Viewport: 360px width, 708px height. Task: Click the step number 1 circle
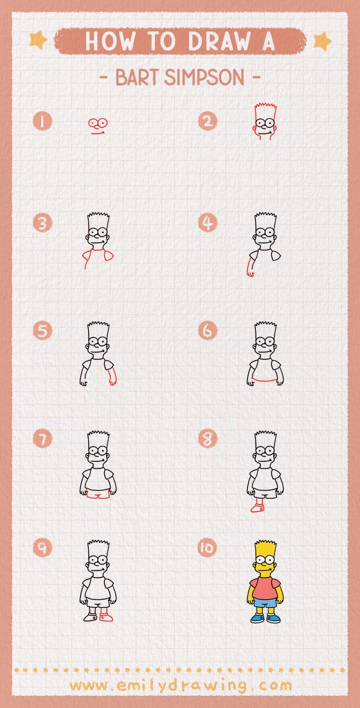[x=43, y=121]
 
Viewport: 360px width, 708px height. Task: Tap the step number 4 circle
[x=208, y=224]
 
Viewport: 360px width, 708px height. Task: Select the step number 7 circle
[x=43, y=439]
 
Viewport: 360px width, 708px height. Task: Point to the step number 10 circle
[x=208, y=548]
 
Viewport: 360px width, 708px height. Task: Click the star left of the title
[x=38, y=40]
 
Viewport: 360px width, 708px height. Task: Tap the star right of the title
[x=321, y=41]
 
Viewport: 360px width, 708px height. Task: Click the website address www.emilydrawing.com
[x=180, y=685]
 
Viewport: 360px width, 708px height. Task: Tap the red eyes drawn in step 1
[x=98, y=122]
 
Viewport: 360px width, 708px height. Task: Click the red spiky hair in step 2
[x=264, y=107]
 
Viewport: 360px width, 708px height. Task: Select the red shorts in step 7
[x=98, y=495]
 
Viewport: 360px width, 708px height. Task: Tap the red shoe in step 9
[x=106, y=617]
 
